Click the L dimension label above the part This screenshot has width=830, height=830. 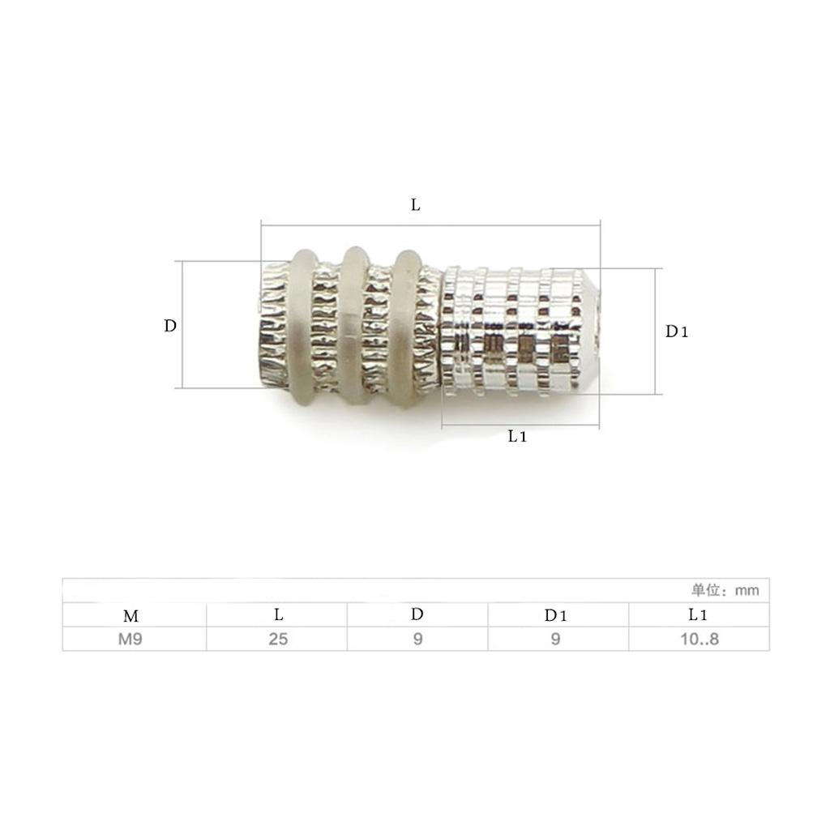(x=416, y=205)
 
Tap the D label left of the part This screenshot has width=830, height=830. (x=170, y=326)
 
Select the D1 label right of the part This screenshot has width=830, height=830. (x=677, y=332)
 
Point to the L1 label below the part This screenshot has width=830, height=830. (x=517, y=436)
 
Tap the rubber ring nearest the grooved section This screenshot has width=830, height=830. (x=405, y=327)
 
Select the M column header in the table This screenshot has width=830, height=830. (x=130, y=616)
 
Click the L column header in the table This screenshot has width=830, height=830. (x=279, y=614)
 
